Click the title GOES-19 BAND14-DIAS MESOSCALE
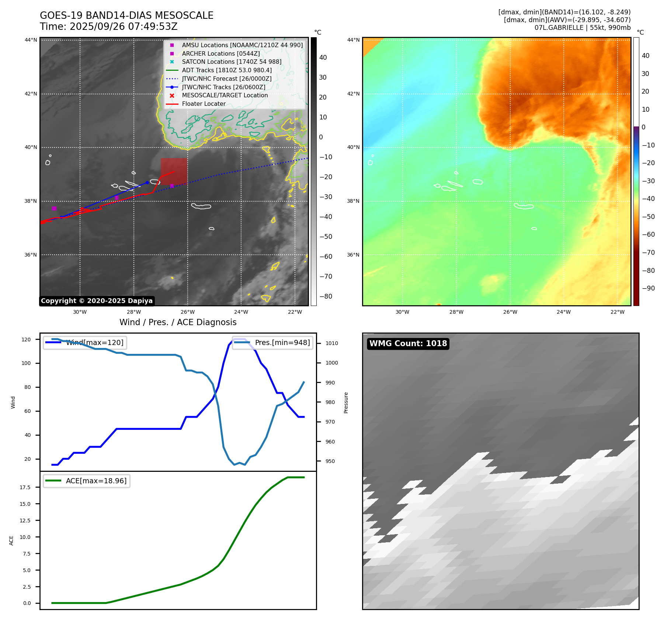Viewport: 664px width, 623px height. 126,15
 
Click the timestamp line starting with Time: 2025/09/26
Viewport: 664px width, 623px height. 108,27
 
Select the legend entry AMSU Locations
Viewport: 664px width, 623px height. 242,45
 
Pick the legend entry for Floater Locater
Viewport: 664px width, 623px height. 204,104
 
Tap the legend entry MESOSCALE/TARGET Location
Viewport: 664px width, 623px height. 225,95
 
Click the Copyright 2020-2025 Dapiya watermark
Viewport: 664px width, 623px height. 97,301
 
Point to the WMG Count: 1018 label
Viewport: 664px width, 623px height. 408,344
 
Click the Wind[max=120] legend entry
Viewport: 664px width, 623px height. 94,342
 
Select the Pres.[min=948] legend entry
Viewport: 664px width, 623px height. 282,342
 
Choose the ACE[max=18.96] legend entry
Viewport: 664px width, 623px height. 96,481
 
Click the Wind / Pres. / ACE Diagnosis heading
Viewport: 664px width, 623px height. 178,322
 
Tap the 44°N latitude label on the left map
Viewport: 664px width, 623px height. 31,40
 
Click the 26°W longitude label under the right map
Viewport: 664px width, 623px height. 510,312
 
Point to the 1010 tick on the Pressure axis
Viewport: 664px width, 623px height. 331,343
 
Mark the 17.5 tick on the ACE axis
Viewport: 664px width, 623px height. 25,487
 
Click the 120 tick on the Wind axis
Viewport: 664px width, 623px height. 26,340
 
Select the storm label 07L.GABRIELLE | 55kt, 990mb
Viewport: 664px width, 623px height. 583,28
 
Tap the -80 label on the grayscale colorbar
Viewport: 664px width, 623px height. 326,296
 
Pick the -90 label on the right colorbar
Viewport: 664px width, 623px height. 648,288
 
